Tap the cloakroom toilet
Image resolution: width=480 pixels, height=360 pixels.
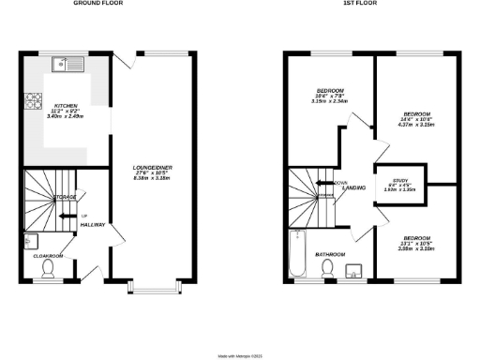(50, 269)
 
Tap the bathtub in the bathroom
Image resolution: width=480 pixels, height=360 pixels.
(298, 253)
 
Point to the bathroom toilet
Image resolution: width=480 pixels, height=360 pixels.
(328, 269)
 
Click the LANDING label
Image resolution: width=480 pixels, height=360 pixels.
(353, 188)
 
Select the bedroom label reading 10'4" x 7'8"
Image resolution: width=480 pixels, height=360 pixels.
(330, 95)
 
